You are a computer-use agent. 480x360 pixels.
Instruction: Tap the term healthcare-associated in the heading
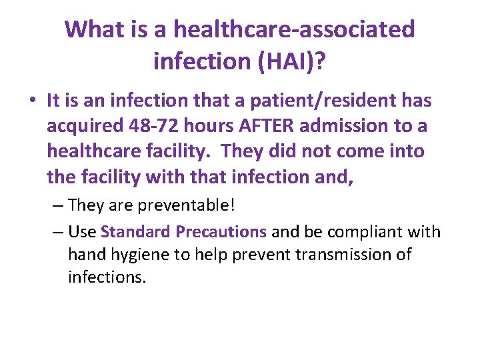(293, 29)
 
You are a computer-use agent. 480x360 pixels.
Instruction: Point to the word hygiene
(135, 254)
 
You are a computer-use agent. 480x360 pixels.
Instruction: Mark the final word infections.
(107, 277)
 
